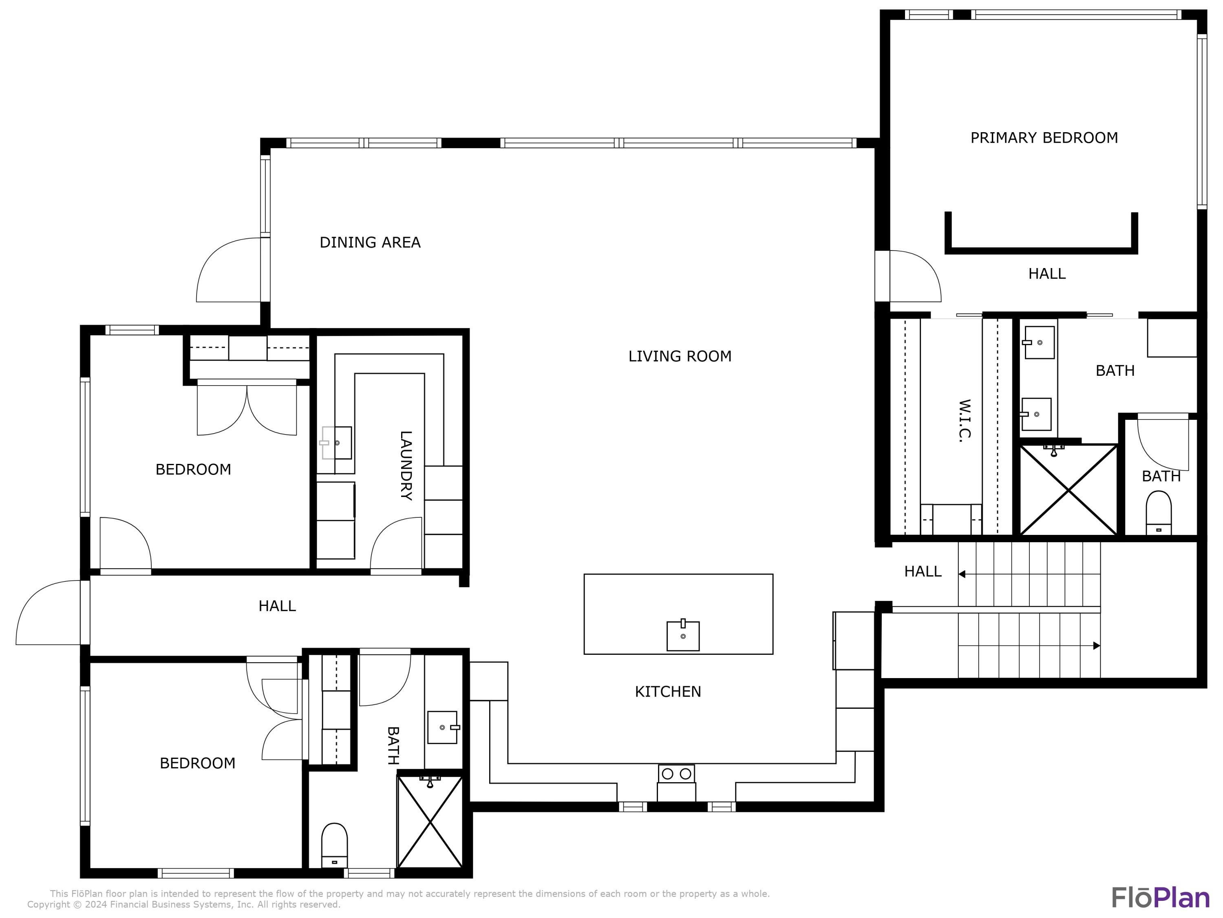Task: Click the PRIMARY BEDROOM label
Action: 1044,138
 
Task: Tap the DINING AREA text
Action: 370,242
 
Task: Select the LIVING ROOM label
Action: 680,356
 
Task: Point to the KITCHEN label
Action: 667,692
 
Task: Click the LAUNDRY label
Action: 406,466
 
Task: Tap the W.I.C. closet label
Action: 964,421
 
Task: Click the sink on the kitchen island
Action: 683,635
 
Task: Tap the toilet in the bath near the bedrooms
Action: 334,845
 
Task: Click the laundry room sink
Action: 336,443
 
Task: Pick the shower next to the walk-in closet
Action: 1068,490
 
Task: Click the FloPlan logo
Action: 1160,898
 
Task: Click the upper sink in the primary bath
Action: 1039,343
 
